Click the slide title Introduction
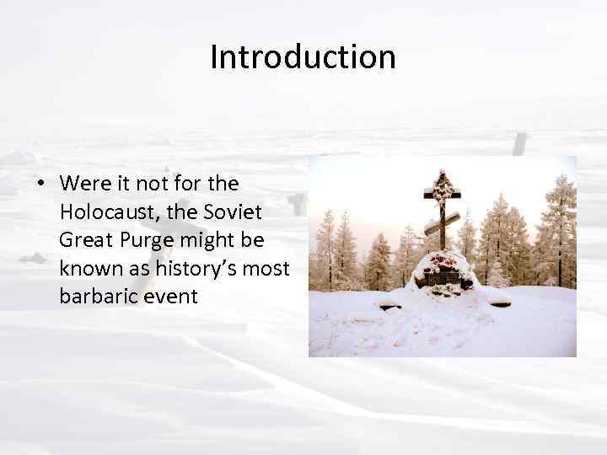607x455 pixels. [x=303, y=57]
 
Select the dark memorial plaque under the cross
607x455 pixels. [x=443, y=277]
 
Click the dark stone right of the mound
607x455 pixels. [x=499, y=302]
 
